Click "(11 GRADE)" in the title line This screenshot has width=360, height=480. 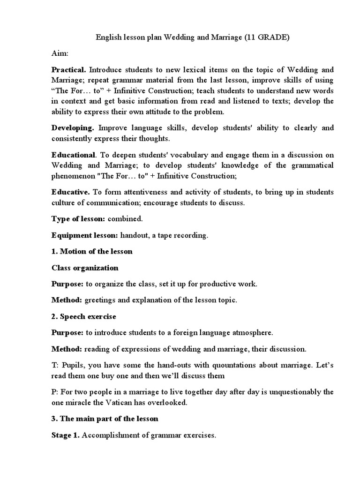pyautogui.click(x=266, y=38)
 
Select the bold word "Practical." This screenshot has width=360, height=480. pyautogui.click(x=69, y=69)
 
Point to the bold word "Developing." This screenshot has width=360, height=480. pyautogui.click(x=73, y=128)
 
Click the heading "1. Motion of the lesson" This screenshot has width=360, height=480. pyautogui.click(x=92, y=251)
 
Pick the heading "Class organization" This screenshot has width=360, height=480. pyautogui.click(x=85, y=268)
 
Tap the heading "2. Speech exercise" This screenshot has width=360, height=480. pyautogui.click(x=84, y=316)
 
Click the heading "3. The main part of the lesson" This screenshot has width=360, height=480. pyautogui.click(x=105, y=419)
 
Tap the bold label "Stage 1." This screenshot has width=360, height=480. pyautogui.click(x=66, y=435)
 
